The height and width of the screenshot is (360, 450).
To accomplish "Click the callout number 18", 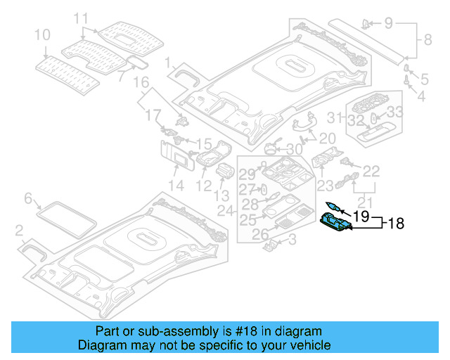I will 396,224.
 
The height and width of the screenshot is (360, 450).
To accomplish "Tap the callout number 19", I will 361,217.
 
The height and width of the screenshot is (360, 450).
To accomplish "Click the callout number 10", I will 42,34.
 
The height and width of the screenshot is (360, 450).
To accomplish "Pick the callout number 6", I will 29,199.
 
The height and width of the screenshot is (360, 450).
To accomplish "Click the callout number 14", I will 176,186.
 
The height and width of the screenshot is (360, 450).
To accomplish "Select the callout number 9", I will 389,23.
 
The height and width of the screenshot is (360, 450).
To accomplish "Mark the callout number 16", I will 142,82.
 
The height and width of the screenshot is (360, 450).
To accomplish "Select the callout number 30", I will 295,149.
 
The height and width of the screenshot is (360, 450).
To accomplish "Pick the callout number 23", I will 325,186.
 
